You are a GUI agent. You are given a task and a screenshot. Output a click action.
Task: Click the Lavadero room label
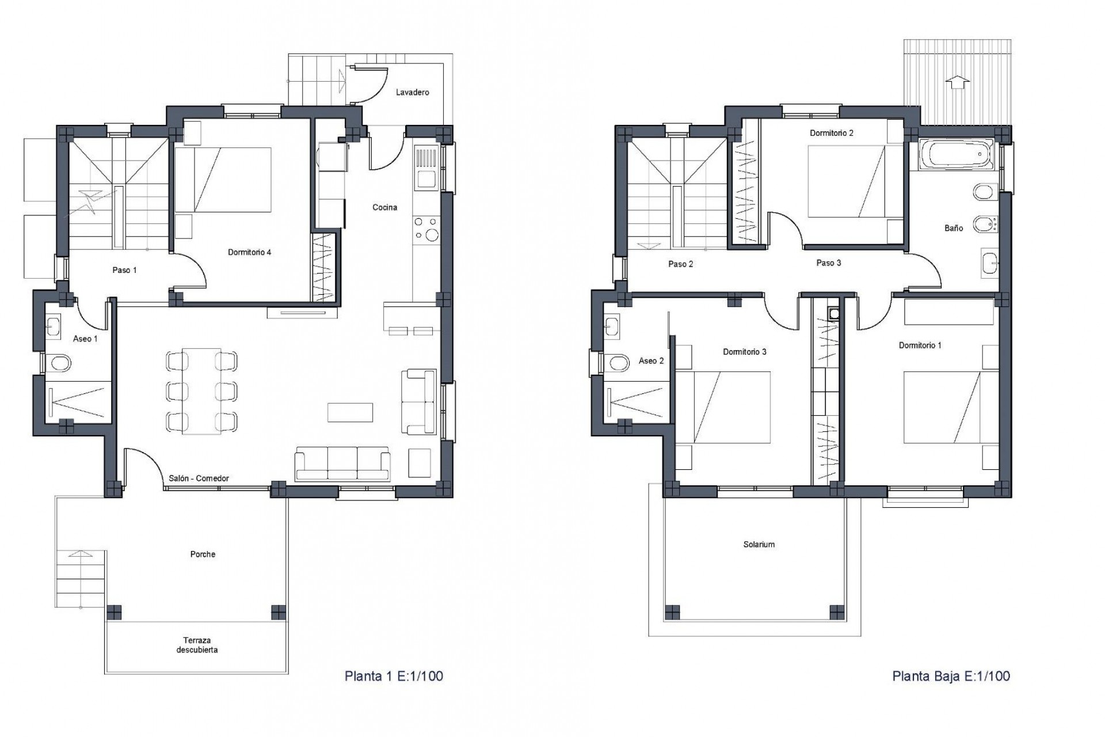(412, 92)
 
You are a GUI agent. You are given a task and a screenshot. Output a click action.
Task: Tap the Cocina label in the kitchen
(384, 207)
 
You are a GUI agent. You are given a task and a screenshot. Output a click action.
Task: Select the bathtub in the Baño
(956, 154)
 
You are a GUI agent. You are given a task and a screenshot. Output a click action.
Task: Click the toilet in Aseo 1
(60, 363)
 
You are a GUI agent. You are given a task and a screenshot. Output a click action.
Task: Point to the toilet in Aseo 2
(619, 363)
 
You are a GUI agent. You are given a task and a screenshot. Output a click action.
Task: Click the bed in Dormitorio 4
(223, 180)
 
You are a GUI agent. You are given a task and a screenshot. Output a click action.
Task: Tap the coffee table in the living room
(350, 412)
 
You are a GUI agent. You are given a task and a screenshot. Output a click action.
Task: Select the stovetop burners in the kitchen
(426, 228)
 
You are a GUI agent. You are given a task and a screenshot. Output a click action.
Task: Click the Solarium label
(759, 544)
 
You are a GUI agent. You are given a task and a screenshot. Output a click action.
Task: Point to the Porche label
(203, 554)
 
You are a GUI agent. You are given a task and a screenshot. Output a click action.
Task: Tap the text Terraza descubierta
(197, 645)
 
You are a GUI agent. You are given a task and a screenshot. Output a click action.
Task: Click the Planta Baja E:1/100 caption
(951, 676)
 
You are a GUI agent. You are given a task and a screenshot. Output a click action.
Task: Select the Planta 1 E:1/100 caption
(394, 676)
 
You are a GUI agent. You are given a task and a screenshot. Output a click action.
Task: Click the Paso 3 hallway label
(828, 263)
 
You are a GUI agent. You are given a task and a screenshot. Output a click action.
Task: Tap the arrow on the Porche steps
(81, 554)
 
